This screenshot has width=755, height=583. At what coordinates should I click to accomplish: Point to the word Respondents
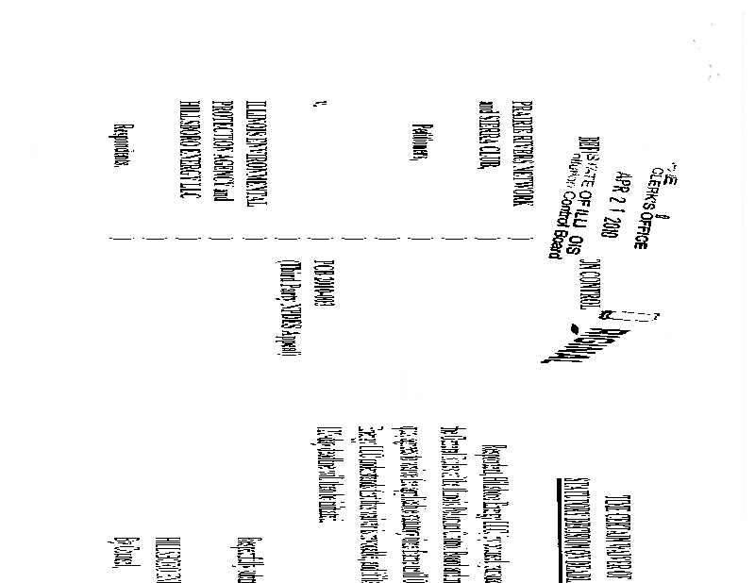[122, 146]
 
